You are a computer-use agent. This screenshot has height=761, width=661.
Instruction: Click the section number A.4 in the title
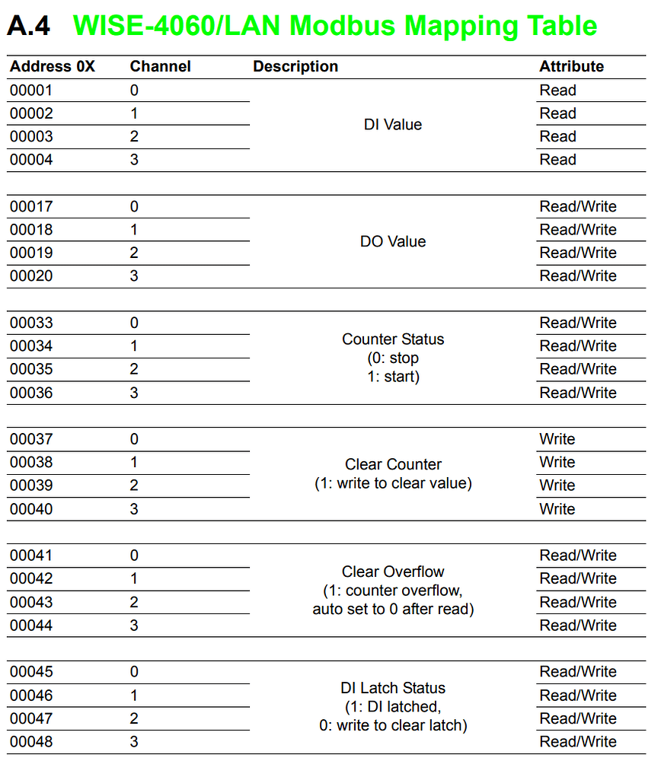[29, 26]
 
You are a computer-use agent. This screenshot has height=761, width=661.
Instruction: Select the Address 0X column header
[53, 66]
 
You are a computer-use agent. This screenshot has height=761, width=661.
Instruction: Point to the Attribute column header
[571, 66]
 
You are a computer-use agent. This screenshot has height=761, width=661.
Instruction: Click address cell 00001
[31, 91]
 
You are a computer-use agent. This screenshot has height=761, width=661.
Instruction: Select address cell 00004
[31, 160]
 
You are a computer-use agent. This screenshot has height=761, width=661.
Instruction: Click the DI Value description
[393, 125]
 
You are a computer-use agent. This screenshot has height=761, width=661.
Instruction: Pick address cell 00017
[31, 206]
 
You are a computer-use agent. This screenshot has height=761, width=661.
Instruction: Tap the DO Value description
[393, 241]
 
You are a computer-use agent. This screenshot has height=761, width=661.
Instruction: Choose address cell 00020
[31, 276]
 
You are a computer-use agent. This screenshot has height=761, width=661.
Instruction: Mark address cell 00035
[31, 369]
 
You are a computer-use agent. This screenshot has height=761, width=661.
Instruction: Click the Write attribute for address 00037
[557, 439]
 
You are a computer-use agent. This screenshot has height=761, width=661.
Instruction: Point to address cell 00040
[31, 509]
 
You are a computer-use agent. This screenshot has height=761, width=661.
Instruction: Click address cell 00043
[31, 602]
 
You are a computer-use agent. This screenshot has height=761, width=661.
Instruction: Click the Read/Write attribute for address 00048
[578, 742]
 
